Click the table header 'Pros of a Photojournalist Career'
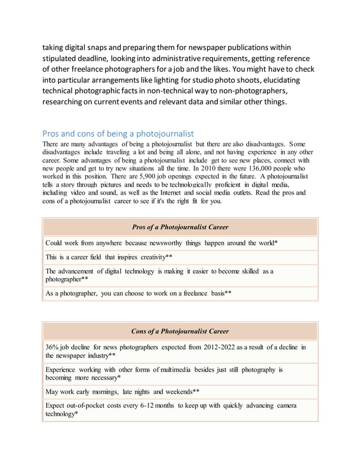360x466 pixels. (x=180, y=227)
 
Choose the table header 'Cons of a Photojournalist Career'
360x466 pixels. (x=180, y=331)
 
